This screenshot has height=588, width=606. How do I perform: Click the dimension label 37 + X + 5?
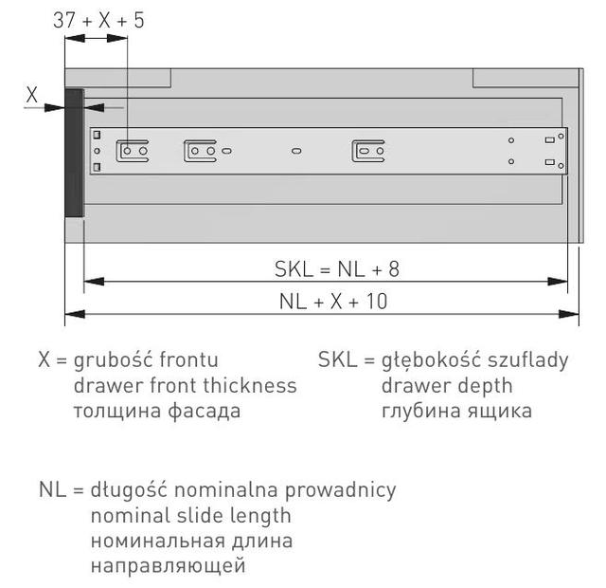point(98,20)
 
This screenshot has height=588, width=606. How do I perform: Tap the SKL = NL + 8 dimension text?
point(337,268)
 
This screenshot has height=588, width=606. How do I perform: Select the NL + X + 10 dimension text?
point(333,302)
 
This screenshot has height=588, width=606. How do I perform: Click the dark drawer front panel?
point(74,153)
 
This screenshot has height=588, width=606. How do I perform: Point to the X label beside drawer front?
point(31,95)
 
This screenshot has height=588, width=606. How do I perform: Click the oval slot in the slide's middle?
point(296,151)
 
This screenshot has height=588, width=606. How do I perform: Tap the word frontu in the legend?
point(189,359)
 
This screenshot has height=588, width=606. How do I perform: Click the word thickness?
point(250,386)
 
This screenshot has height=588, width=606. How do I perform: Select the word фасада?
point(205,411)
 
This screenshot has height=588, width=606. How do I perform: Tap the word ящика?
point(499,412)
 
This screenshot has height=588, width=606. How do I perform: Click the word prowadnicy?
point(341,490)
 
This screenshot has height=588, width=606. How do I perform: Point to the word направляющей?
point(169,566)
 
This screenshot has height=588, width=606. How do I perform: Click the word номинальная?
point(158,541)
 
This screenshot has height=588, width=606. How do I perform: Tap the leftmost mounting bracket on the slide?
point(133,151)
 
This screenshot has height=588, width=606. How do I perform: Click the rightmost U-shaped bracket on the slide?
point(368,151)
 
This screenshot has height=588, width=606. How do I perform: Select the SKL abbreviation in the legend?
point(337,359)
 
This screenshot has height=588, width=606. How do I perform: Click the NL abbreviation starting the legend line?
point(53,490)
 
